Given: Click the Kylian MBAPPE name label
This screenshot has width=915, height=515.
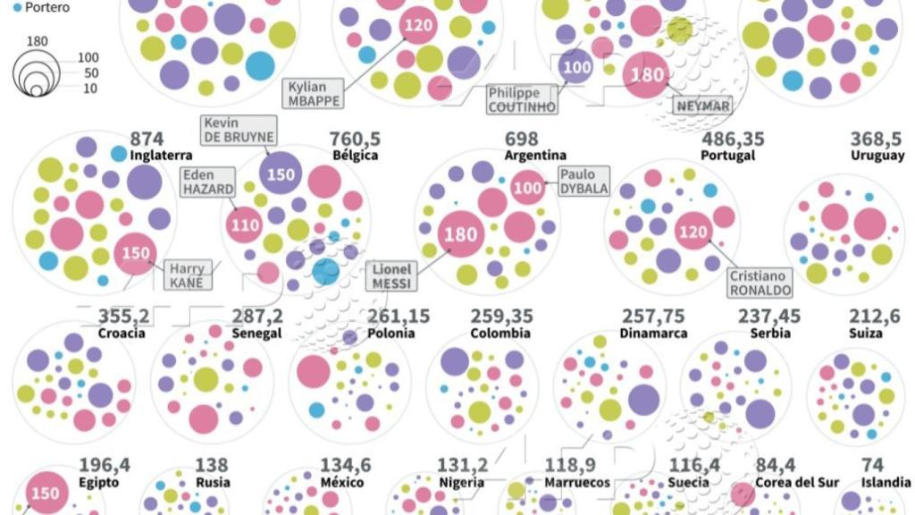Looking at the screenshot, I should pos(313,93).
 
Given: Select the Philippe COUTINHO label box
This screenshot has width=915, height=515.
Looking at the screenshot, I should pos(521,99).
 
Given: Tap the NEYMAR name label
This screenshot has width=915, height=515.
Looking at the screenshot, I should pos(703,106).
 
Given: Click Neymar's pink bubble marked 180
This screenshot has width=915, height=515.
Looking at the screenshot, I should pos(646,76).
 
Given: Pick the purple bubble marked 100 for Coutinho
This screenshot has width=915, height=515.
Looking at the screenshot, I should pos(577,67).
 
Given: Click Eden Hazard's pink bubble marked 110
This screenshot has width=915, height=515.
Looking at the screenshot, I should pos(245,224).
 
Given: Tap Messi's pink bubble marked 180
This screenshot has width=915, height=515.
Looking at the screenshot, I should pos(461,235).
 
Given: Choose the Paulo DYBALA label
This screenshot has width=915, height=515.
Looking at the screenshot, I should pos(583,182).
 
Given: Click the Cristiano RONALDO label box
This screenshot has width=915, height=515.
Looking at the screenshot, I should pos(760,283).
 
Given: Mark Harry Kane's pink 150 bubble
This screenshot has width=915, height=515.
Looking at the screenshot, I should pos(135,253).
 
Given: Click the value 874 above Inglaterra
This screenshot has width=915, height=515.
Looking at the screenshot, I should pos(147,139).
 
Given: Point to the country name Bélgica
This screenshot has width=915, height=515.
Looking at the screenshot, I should pos(355,156).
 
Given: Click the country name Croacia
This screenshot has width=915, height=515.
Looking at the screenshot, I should pos(122,333).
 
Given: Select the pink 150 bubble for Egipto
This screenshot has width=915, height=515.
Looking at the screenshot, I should pos(46,493).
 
